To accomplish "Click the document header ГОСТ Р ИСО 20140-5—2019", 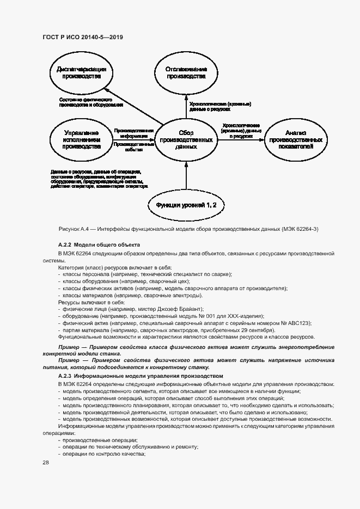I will point(82,38).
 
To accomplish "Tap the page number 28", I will point(46,462).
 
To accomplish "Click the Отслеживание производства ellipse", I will point(186,73).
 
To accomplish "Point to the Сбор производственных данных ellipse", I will point(186,139).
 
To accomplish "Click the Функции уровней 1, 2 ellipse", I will point(186,205).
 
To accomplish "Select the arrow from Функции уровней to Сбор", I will point(186,175).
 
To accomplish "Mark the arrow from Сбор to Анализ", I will point(240,139).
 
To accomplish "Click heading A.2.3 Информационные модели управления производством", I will point(141,376).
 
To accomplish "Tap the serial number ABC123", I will point(300,323).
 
